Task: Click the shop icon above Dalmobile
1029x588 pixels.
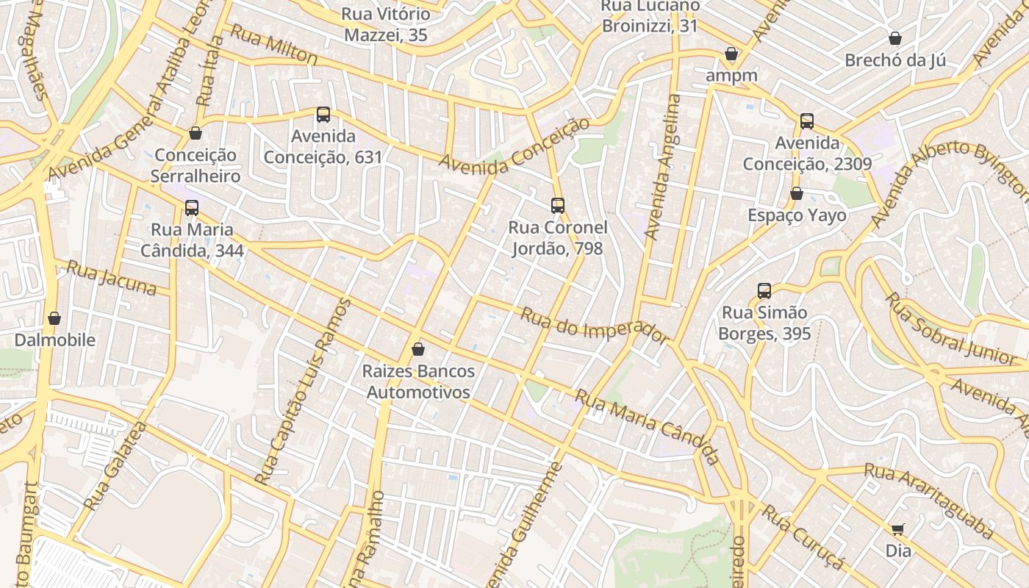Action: pyautogui.click(x=54, y=318)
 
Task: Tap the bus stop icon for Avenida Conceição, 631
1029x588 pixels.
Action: pyautogui.click(x=323, y=115)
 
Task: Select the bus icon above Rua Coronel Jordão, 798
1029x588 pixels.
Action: pyautogui.click(x=558, y=206)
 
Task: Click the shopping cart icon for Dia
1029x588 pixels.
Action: pyautogui.click(x=897, y=530)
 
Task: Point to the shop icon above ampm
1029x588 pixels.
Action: pyautogui.click(x=731, y=54)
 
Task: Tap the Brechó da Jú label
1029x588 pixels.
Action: pyautogui.click(x=894, y=60)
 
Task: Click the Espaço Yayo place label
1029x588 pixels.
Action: pyautogui.click(x=797, y=215)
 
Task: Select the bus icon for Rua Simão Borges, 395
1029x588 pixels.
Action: pyautogui.click(x=764, y=291)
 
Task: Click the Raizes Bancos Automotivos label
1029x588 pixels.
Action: pyautogui.click(x=418, y=381)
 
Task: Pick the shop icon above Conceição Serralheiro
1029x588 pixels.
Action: pyautogui.click(x=196, y=134)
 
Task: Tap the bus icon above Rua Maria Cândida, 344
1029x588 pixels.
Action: pyautogui.click(x=192, y=208)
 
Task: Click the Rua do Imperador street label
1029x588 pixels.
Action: pyautogui.click(x=594, y=326)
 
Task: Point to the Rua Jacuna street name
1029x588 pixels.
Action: pyautogui.click(x=112, y=278)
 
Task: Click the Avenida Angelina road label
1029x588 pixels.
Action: pyautogui.click(x=663, y=167)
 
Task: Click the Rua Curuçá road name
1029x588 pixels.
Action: pyautogui.click(x=803, y=537)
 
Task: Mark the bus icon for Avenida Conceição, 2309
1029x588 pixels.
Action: pyautogui.click(x=807, y=121)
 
